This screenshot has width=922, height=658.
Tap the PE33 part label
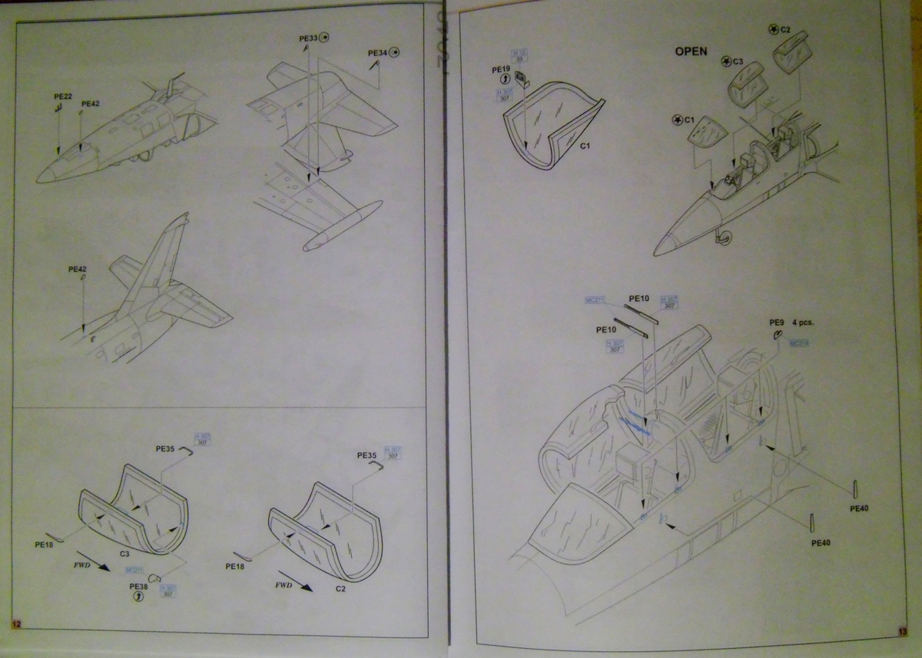(308, 38)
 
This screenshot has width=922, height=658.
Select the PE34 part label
(377, 53)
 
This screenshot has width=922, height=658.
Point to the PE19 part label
(501, 68)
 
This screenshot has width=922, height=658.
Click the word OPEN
(691, 51)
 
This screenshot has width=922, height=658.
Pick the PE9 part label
(776, 323)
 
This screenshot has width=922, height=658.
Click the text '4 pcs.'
(801, 323)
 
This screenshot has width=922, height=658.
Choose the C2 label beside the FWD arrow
(341, 588)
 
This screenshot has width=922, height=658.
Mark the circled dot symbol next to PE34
(394, 52)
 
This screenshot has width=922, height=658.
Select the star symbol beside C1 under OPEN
(676, 120)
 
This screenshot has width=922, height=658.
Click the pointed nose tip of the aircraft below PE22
(40, 177)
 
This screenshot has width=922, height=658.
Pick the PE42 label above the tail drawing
(78, 269)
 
